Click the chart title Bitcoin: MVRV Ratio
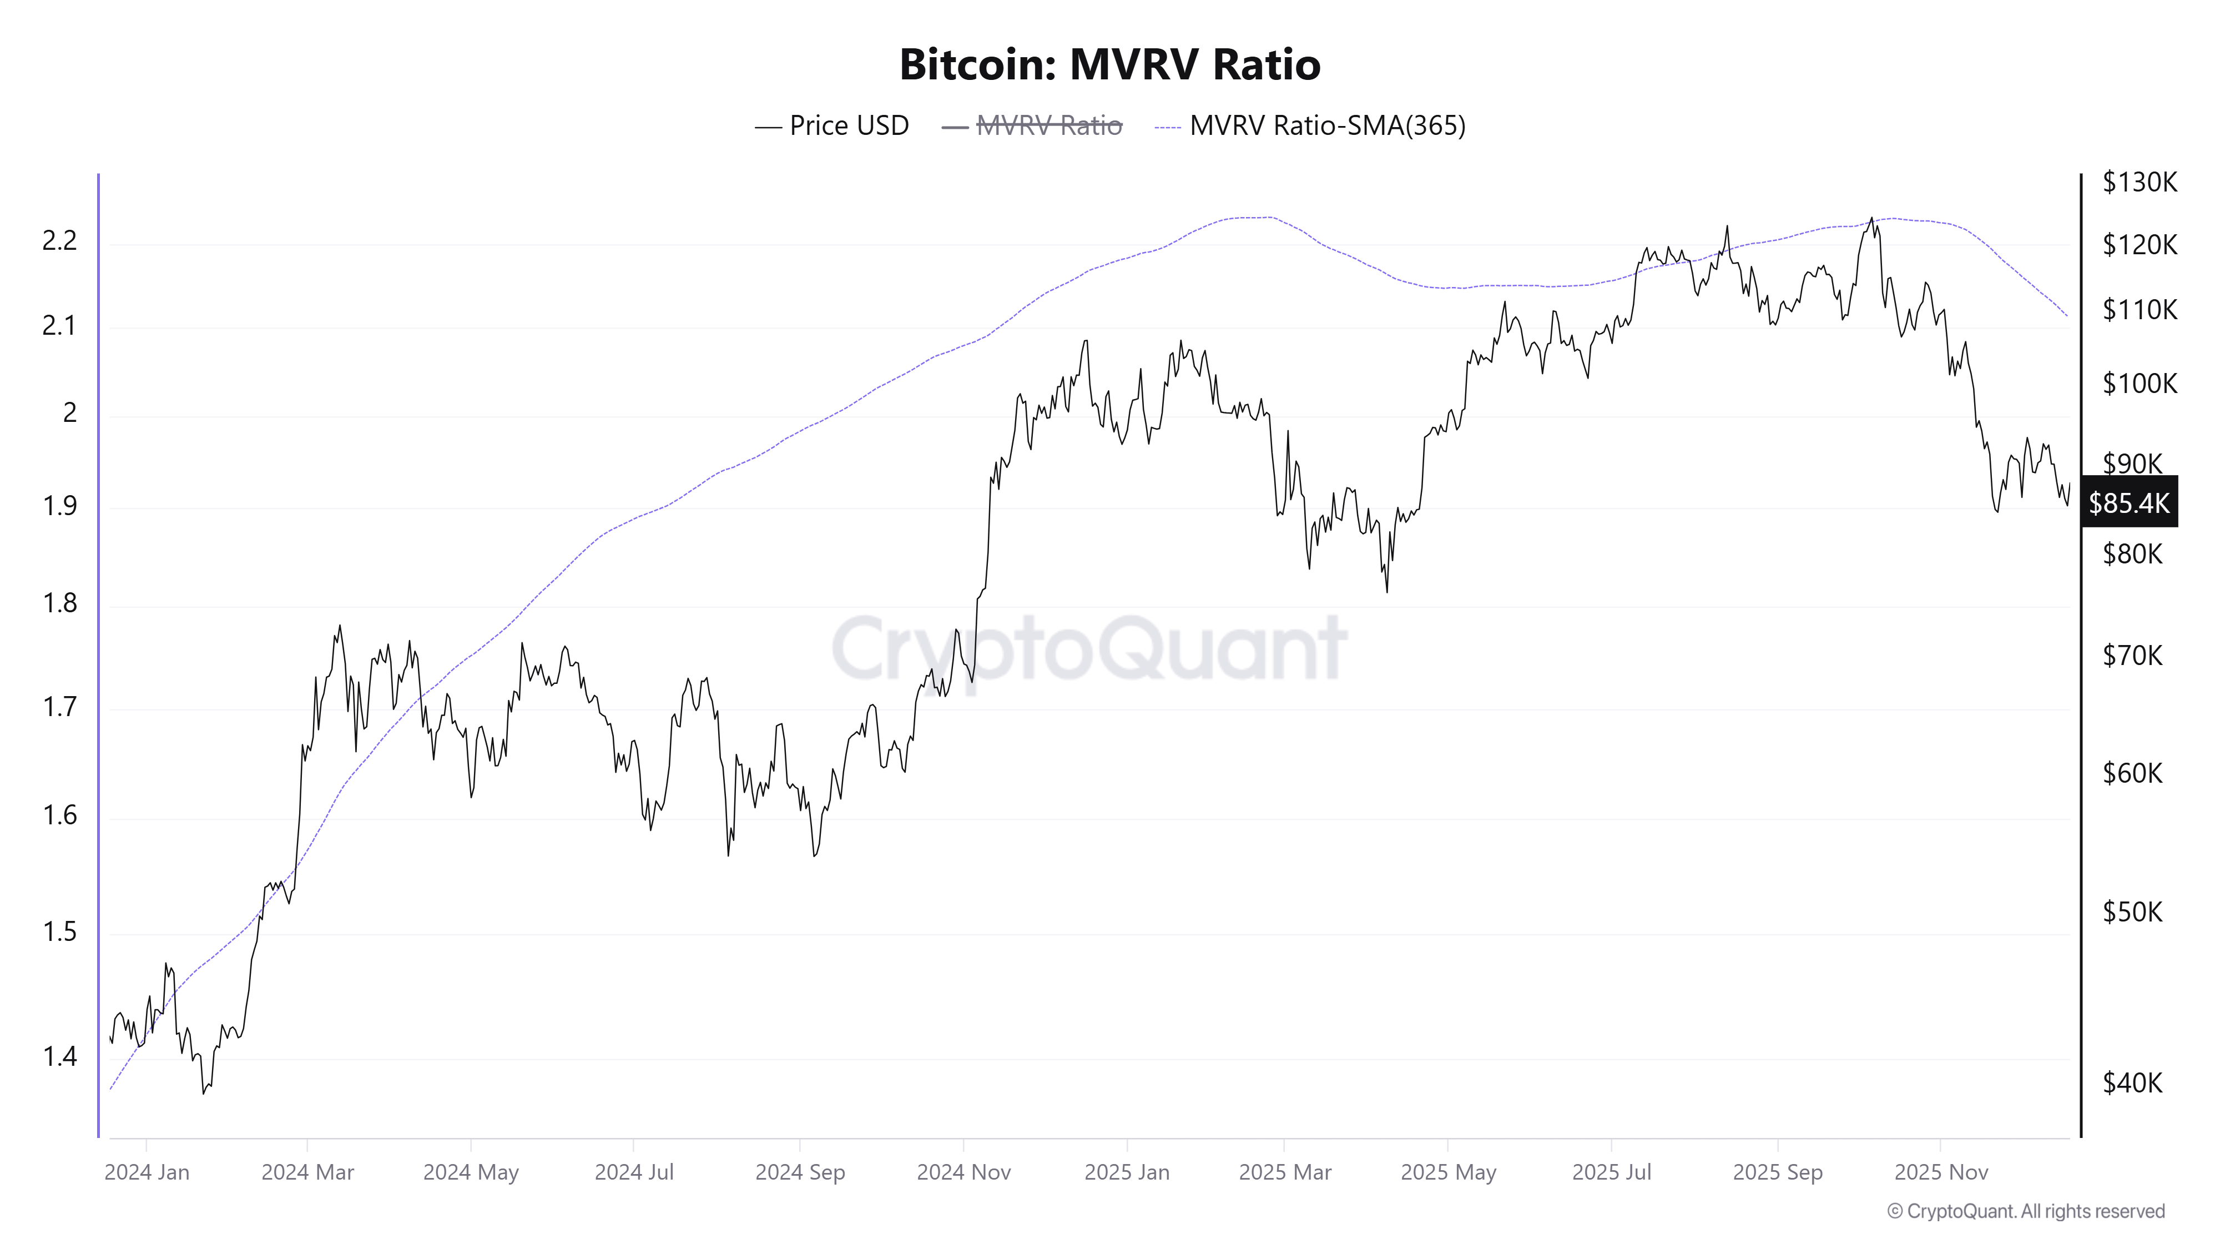[x=1109, y=64]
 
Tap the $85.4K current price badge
[x=2128, y=502]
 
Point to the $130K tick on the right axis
[x=2139, y=182]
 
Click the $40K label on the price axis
[x=2132, y=1082]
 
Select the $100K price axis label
[x=2139, y=382]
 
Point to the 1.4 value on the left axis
[x=59, y=1056]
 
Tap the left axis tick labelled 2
[x=70, y=413]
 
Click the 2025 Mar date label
[x=1285, y=1172]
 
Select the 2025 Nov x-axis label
[x=1941, y=1172]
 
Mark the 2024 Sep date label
[x=800, y=1172]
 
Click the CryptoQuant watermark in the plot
[x=1088, y=648]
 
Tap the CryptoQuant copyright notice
[x=2025, y=1211]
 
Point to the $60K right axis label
[x=2132, y=773]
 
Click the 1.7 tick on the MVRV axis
[x=59, y=708]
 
